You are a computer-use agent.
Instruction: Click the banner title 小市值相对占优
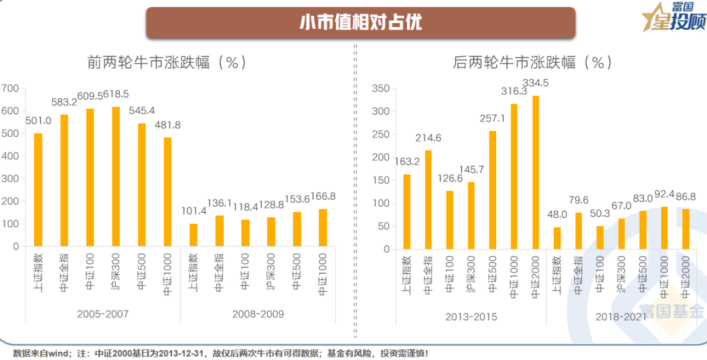360,23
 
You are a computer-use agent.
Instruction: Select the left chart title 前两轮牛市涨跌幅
166,63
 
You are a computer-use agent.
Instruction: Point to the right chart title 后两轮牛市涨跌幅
532,63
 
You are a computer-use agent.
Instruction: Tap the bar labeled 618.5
116,177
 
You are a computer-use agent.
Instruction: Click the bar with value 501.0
38,190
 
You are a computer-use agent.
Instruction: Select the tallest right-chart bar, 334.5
536,172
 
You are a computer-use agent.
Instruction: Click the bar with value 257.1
492,190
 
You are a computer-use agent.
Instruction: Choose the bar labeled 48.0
557,238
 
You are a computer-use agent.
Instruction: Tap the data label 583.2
64,103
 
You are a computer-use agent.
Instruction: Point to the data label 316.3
514,91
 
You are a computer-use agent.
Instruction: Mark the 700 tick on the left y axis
10,88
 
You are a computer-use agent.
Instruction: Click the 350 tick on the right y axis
380,88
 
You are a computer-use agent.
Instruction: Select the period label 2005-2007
103,314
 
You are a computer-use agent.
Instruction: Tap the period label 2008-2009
258,314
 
